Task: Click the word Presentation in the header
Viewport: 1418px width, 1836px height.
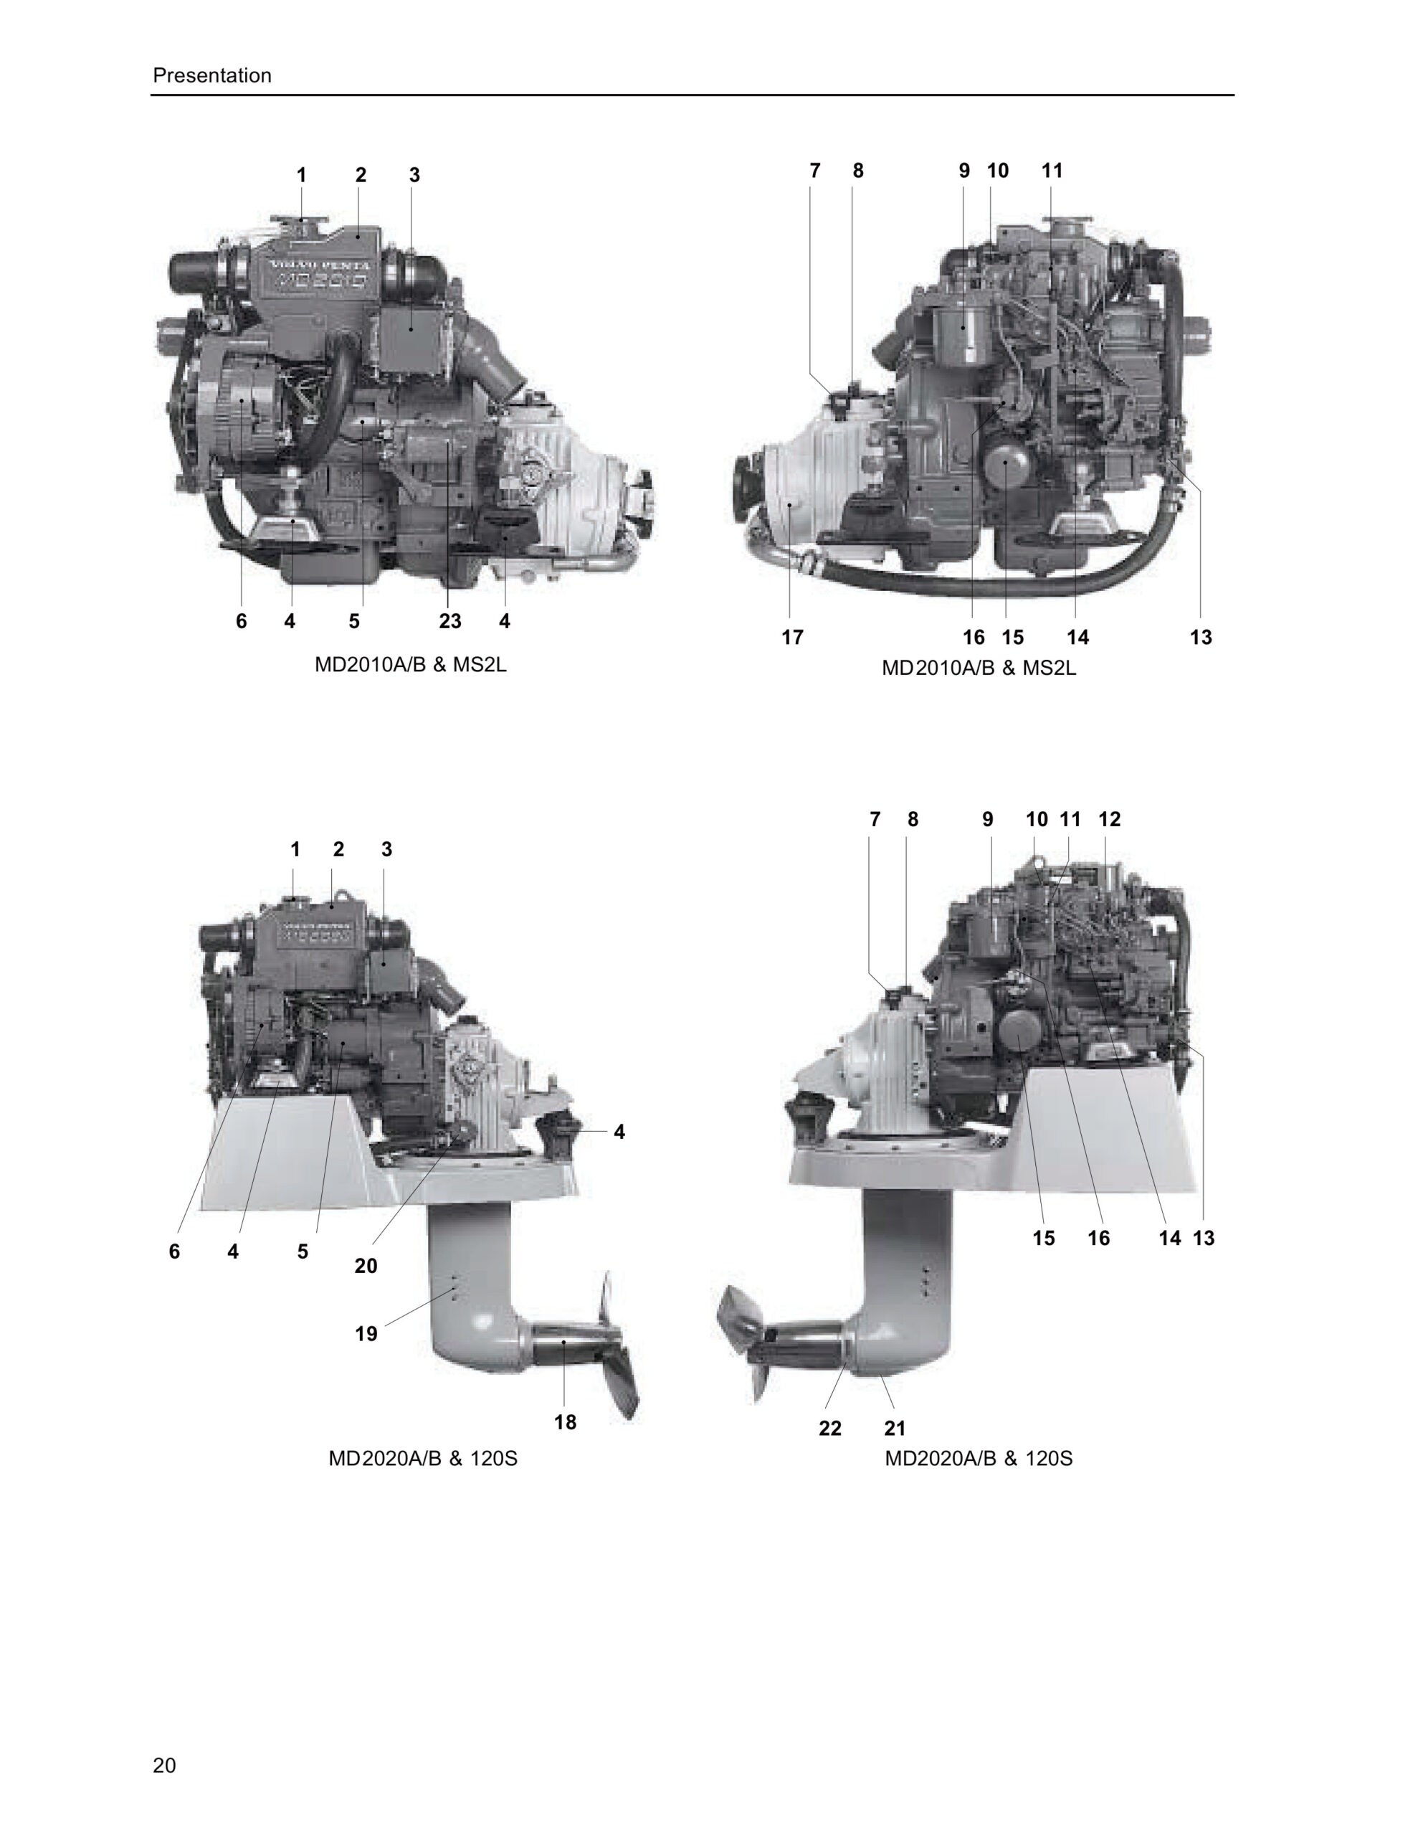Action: (x=211, y=75)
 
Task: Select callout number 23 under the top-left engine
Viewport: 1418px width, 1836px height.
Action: (x=449, y=621)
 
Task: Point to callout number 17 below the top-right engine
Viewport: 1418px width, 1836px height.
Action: (x=791, y=637)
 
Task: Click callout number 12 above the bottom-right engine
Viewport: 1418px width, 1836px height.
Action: (x=1110, y=819)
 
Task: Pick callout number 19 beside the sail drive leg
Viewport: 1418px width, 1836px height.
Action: (x=366, y=1334)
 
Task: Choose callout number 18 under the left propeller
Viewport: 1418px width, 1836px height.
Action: (x=565, y=1422)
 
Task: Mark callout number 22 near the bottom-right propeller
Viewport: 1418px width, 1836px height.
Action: (x=829, y=1429)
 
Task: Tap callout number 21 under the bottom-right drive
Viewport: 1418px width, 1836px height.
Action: (x=895, y=1429)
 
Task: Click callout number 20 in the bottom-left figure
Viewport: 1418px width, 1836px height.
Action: (x=366, y=1266)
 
